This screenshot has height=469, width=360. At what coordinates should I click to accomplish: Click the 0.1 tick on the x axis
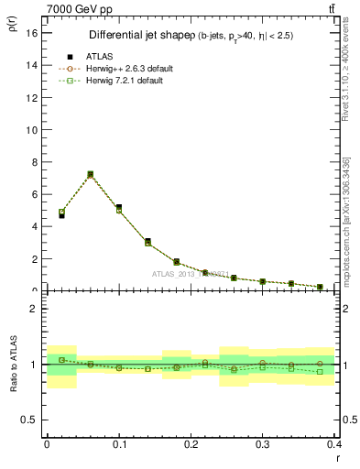coord(119,444)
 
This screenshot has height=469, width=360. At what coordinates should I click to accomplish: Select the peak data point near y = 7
coord(90,174)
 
